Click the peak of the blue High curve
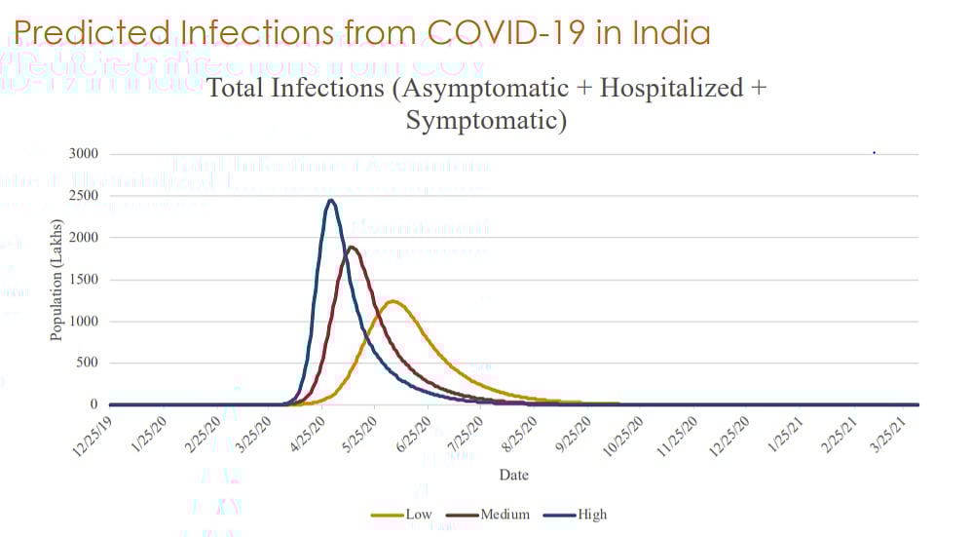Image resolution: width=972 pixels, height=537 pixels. [x=331, y=201]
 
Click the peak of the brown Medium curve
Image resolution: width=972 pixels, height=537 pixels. [x=352, y=247]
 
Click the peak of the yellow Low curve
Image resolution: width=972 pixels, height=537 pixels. [x=392, y=301]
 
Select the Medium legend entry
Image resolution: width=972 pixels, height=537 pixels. [x=505, y=514]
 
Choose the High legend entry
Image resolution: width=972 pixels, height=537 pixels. [x=591, y=514]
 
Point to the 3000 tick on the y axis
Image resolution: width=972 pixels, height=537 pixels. [x=83, y=154]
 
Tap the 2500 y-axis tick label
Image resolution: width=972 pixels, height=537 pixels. [x=83, y=196]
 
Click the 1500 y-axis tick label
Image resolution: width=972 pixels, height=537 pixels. [x=83, y=280]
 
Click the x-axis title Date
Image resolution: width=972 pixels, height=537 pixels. [x=513, y=475]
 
